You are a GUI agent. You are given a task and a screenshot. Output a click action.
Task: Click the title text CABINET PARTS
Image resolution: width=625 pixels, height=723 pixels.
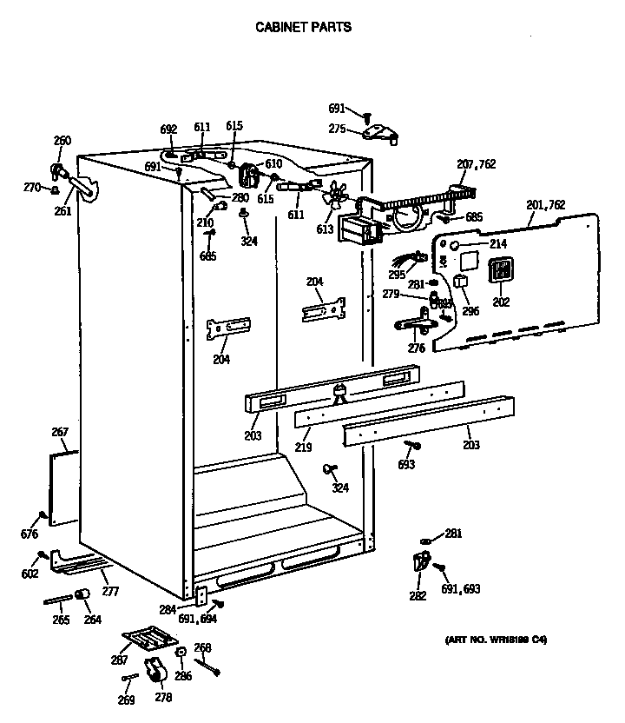[303, 27]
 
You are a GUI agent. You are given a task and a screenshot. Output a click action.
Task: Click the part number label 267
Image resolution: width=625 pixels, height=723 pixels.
[59, 432]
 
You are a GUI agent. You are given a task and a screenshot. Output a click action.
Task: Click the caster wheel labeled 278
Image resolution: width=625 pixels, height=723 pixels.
[155, 671]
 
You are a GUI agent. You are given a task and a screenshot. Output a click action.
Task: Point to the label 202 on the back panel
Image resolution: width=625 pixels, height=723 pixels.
[501, 302]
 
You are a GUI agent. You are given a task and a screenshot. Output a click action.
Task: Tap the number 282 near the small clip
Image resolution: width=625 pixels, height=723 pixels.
[418, 595]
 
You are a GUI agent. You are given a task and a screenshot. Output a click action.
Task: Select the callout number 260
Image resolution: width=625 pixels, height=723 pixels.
[62, 141]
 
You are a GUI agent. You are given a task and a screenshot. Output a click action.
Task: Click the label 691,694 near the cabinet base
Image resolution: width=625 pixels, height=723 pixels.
[198, 620]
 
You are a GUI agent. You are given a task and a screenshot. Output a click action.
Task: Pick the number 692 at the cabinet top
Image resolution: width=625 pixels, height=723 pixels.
[168, 129]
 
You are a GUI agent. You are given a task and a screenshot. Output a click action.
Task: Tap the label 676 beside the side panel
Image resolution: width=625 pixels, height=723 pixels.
[30, 534]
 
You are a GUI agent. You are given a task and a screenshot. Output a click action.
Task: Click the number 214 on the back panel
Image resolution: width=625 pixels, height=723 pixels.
[497, 244]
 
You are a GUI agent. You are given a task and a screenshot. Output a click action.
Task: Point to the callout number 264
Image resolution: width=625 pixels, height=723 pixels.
[92, 620]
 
